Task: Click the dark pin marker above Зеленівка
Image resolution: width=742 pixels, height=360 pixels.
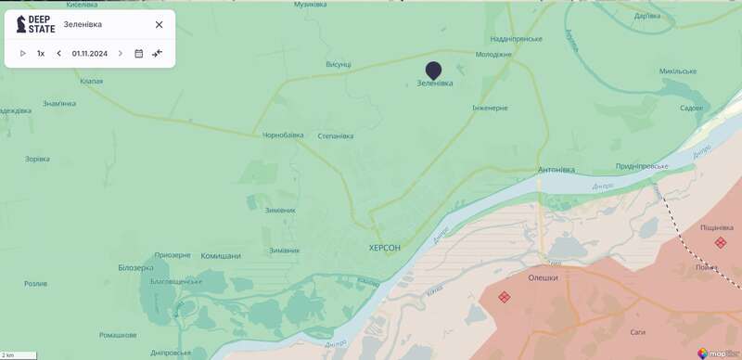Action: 433,70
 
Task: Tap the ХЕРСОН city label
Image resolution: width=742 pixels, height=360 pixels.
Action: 385,248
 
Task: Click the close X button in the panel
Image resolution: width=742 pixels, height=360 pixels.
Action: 159,25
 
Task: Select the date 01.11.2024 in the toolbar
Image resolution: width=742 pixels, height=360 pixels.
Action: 90,54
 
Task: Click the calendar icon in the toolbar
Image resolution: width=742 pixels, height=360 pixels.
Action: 139,54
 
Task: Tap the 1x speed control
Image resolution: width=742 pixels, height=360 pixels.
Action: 41,54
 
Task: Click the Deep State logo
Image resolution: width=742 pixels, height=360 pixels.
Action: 36,24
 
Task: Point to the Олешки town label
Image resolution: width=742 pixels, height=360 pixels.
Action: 544,277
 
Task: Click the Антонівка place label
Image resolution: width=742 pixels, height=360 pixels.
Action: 556,170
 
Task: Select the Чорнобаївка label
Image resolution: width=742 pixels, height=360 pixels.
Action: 282,135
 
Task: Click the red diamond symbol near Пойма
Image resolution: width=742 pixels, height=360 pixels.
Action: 721,243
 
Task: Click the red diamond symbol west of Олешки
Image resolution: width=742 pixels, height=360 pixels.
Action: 505,297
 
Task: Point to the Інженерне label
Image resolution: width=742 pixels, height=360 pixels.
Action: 490,109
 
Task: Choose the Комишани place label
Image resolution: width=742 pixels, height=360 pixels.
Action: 221,256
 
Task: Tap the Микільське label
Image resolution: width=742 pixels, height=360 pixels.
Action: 677,71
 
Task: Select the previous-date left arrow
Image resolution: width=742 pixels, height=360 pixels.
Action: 58,54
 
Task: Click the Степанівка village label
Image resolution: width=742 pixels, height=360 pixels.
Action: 336,136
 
